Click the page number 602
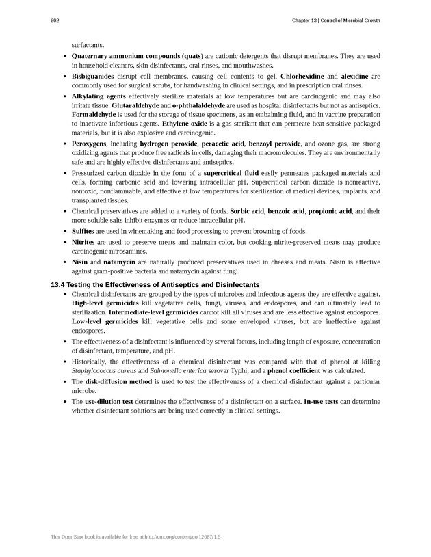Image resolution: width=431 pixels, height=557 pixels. (55, 21)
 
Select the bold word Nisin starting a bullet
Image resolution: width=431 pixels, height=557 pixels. (80, 261)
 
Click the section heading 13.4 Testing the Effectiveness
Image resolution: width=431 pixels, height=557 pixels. (155, 284)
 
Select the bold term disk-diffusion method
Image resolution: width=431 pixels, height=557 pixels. (118, 381)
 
